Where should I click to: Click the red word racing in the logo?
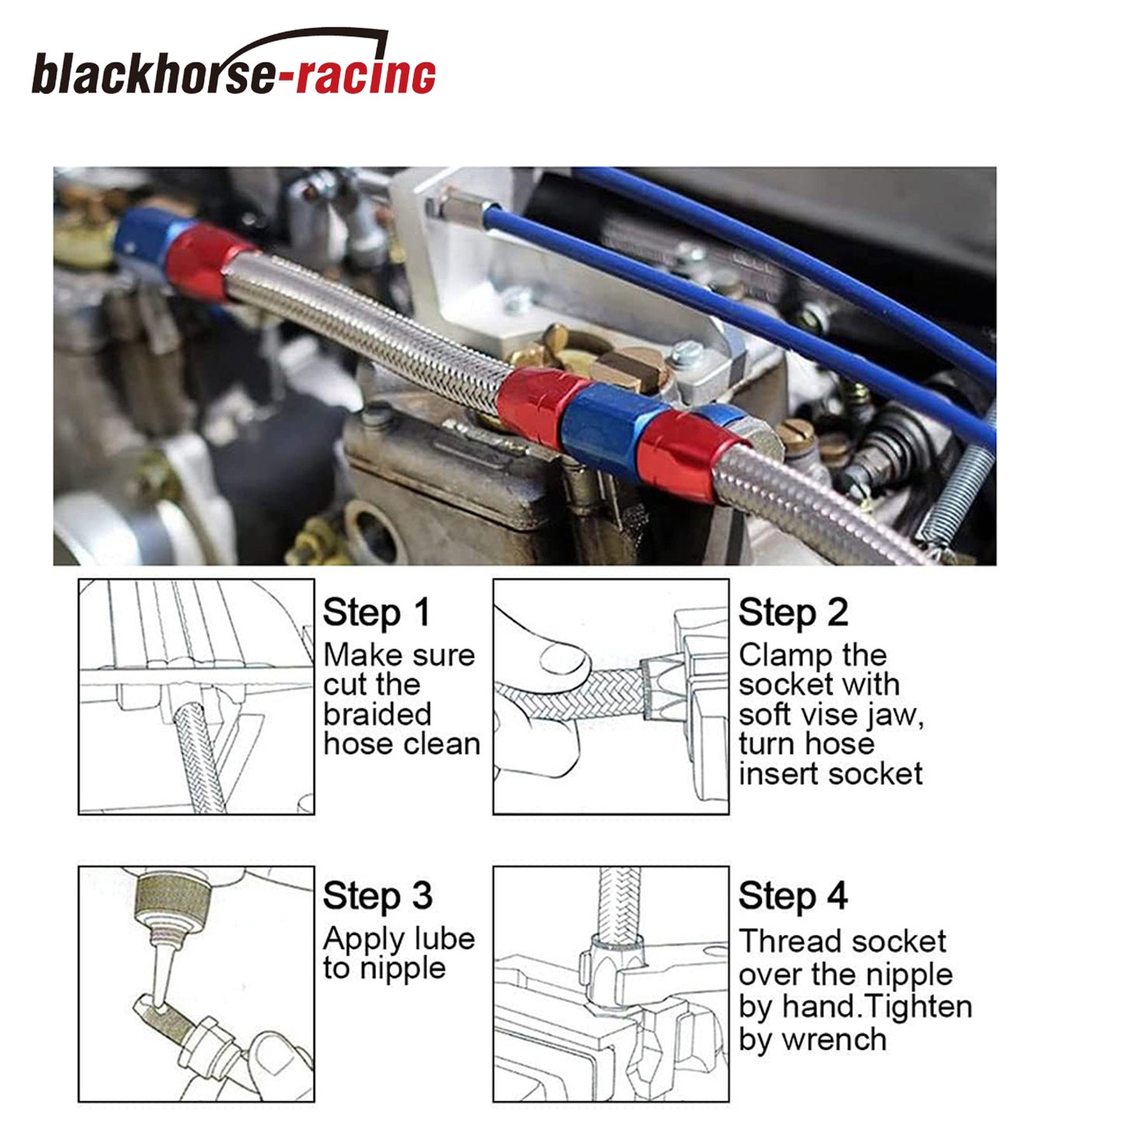coord(366,73)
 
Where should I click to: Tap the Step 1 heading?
coord(376,613)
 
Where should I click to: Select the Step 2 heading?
coord(793,613)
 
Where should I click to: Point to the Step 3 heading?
coord(378,895)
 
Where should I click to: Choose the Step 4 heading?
coord(793,895)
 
